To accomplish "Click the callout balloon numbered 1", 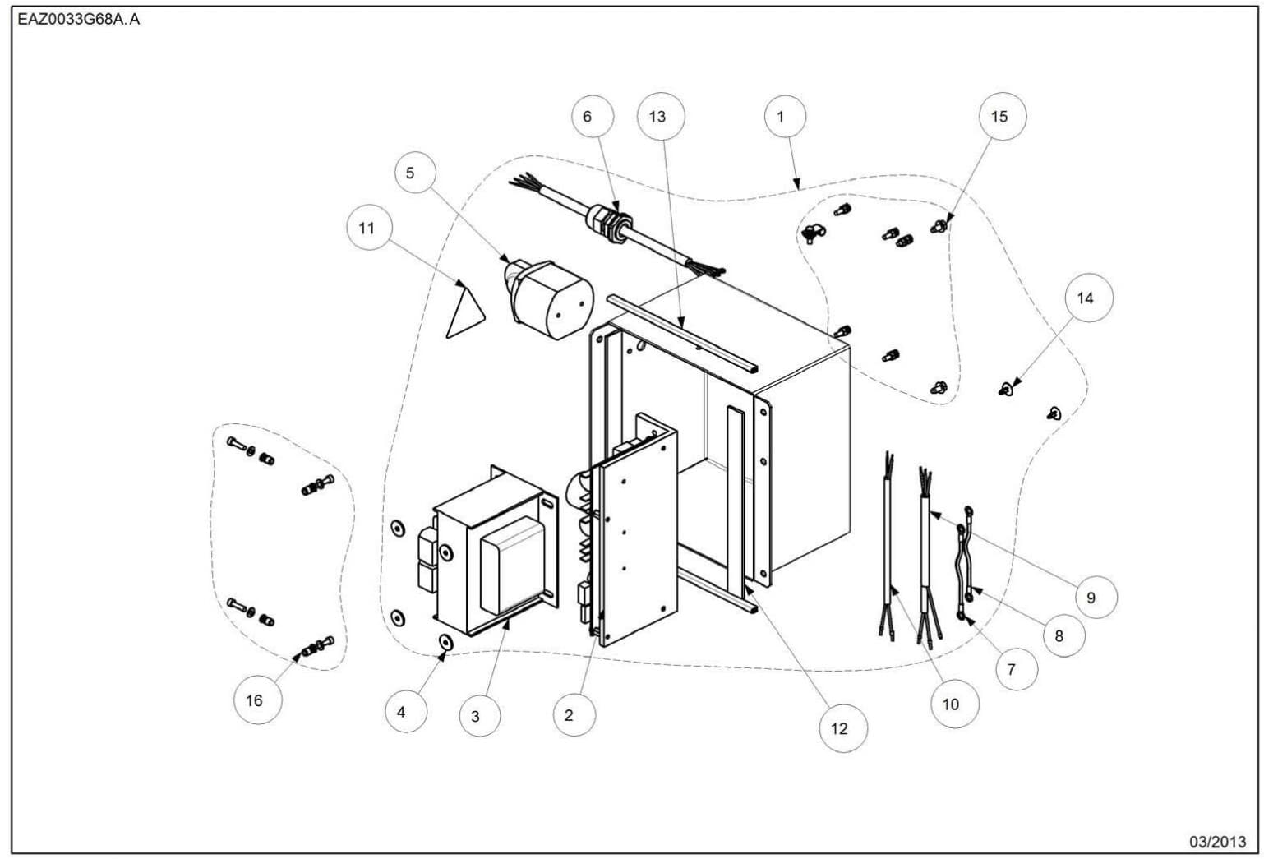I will [x=781, y=117].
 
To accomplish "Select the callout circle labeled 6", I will [x=587, y=117].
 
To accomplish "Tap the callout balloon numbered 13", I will [x=657, y=117].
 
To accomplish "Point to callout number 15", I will [x=999, y=117].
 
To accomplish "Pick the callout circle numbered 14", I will [x=1085, y=298].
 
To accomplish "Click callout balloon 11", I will [x=367, y=228].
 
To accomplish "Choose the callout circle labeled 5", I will [x=410, y=173].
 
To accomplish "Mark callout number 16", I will [x=254, y=700].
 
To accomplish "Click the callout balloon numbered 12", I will [x=839, y=728].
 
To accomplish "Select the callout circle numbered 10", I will [x=951, y=704].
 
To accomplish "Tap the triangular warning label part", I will [x=464, y=314].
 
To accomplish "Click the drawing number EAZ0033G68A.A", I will [x=79, y=20].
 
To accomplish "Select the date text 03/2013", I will [x=1218, y=842].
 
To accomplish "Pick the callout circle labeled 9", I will [x=1091, y=598].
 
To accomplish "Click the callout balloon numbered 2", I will [x=569, y=715].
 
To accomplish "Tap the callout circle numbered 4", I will [x=401, y=712].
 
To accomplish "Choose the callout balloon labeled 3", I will [x=475, y=716].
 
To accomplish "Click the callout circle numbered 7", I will [x=1011, y=669].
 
